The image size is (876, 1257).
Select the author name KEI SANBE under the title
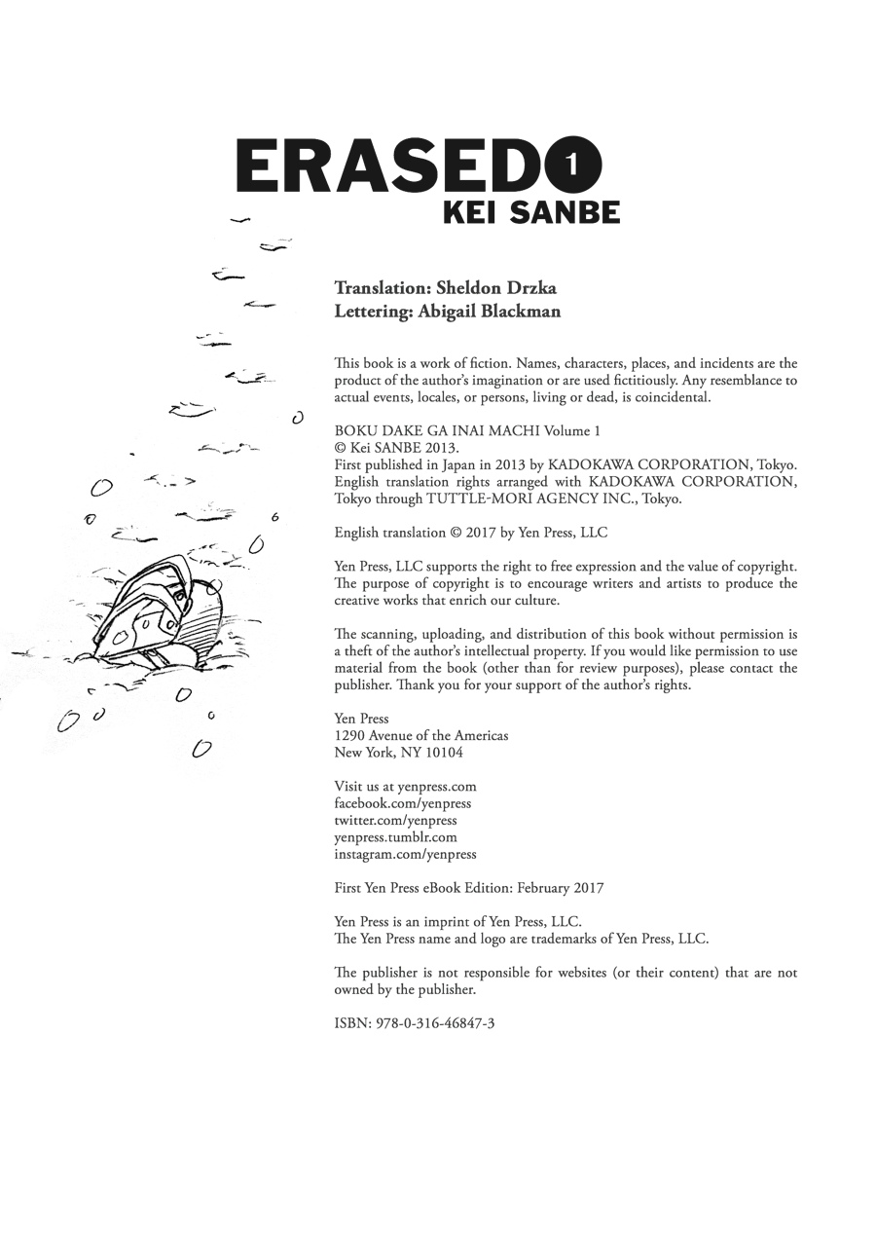coord(531,211)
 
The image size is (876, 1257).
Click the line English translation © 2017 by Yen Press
coord(470,533)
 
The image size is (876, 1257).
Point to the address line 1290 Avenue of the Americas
coord(420,735)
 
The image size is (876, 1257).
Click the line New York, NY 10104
coord(398,753)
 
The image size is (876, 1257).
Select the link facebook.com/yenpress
coord(402,803)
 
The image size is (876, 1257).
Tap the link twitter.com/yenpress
coord(395,820)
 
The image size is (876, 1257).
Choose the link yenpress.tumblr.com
coord(395,836)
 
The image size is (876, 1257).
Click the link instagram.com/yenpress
coord(405,854)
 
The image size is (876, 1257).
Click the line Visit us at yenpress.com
coord(405,786)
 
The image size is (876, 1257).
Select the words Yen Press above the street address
coord(361,719)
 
